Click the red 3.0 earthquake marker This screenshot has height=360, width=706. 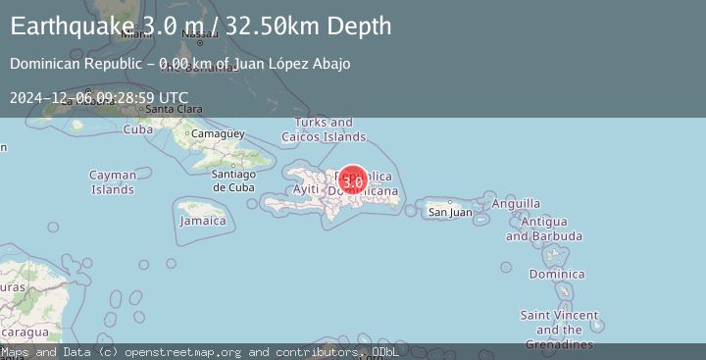354,181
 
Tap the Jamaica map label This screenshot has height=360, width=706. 203,221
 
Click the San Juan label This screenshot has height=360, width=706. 451,211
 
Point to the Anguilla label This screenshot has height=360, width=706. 516,203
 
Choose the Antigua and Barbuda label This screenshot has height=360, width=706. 544,229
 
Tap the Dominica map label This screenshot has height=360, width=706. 556,274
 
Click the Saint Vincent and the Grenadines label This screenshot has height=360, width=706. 558,330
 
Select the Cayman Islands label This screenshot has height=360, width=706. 113,181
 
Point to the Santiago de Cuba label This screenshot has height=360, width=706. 233,180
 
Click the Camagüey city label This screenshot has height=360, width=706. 211,133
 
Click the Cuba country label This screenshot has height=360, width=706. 137,129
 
